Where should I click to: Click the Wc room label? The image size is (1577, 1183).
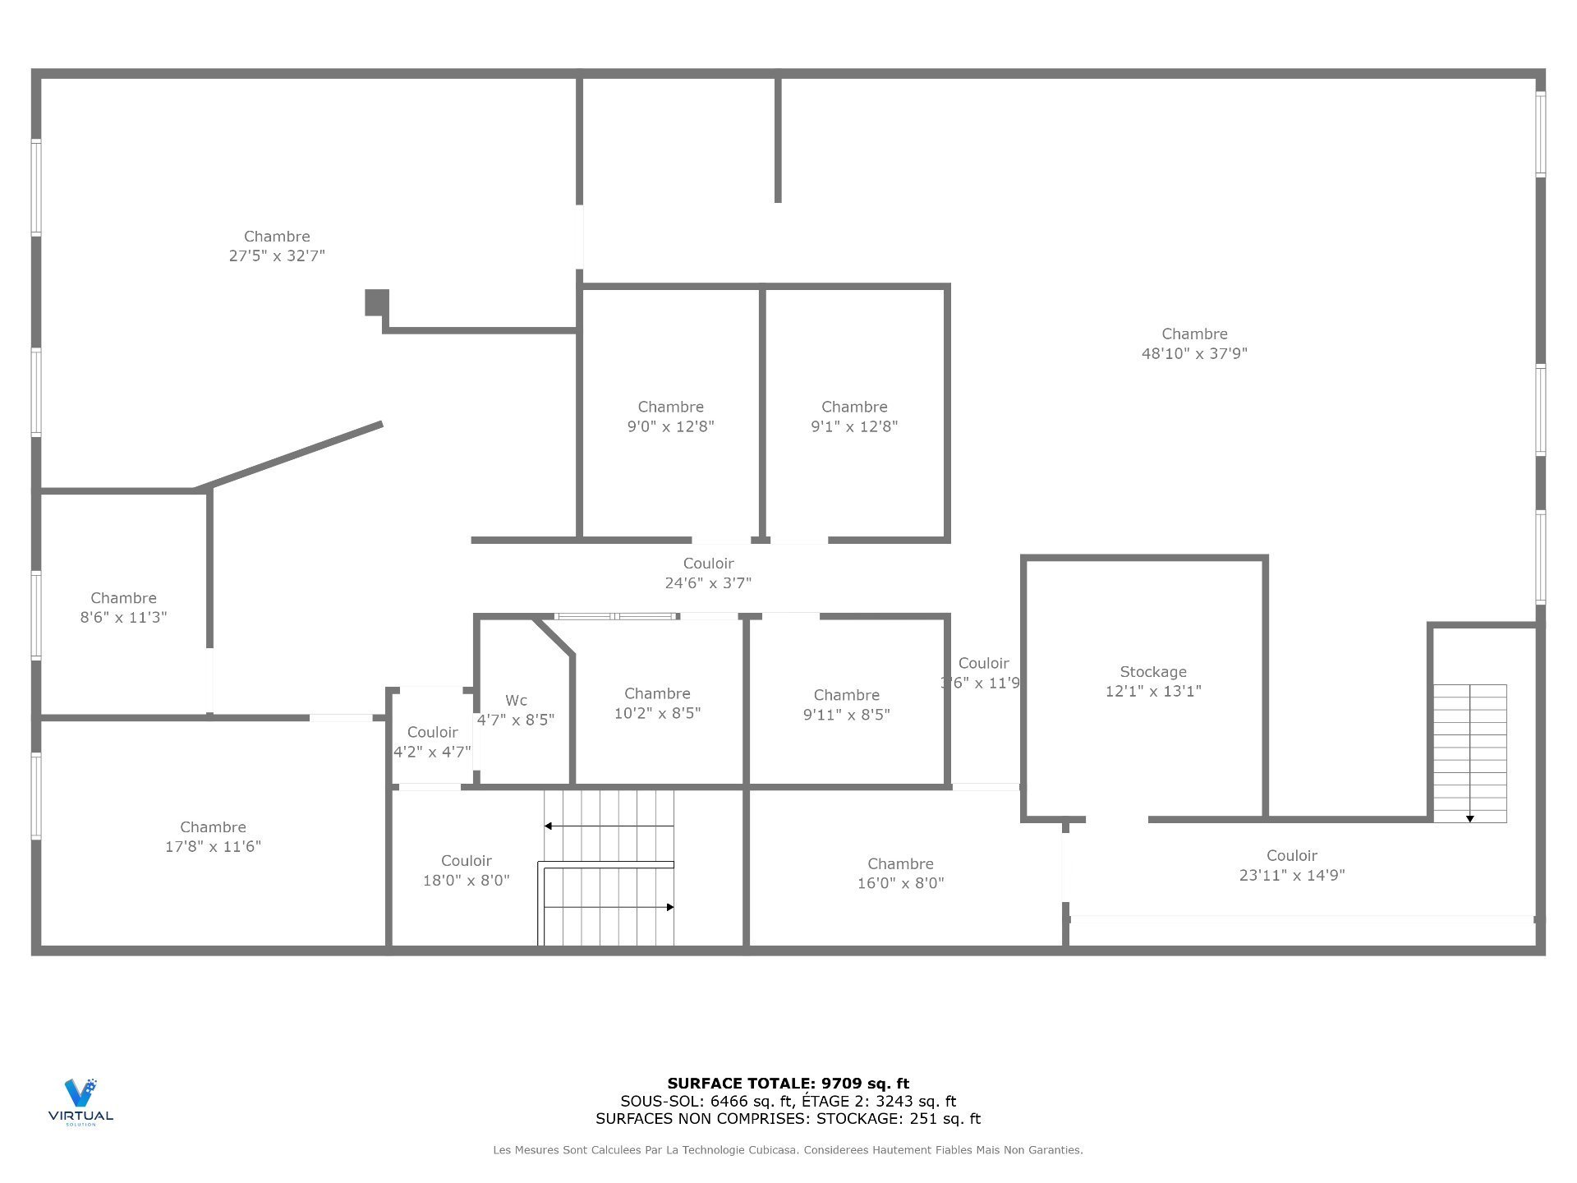tap(516, 701)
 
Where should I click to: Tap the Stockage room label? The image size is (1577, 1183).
tap(1152, 672)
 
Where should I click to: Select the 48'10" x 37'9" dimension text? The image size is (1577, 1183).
tap(1194, 354)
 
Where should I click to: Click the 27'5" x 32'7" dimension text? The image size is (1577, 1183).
tap(277, 256)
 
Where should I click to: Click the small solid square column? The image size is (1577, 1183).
tap(376, 302)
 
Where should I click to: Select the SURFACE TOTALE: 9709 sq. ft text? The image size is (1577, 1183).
tap(788, 1084)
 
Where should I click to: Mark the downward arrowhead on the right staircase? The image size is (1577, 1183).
tap(1469, 818)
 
